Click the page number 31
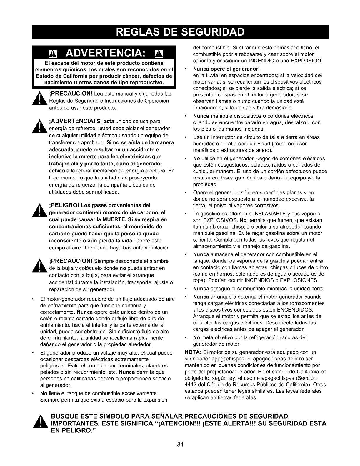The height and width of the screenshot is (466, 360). [180, 445]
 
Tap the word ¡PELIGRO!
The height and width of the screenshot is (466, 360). [63, 205]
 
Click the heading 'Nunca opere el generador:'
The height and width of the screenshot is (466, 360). [226, 69]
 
